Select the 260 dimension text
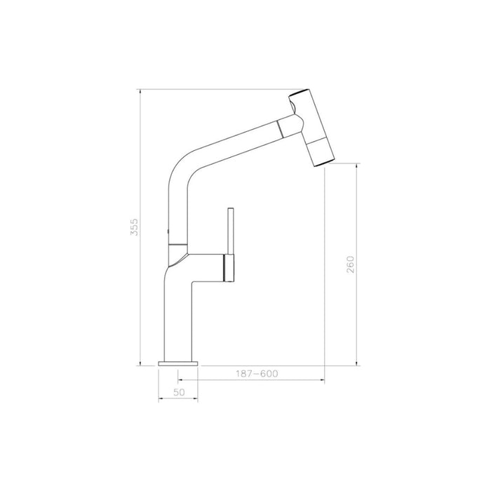tap(351, 264)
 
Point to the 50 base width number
tap(178, 393)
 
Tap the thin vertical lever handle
tap(228, 231)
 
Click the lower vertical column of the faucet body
tap(180, 316)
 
